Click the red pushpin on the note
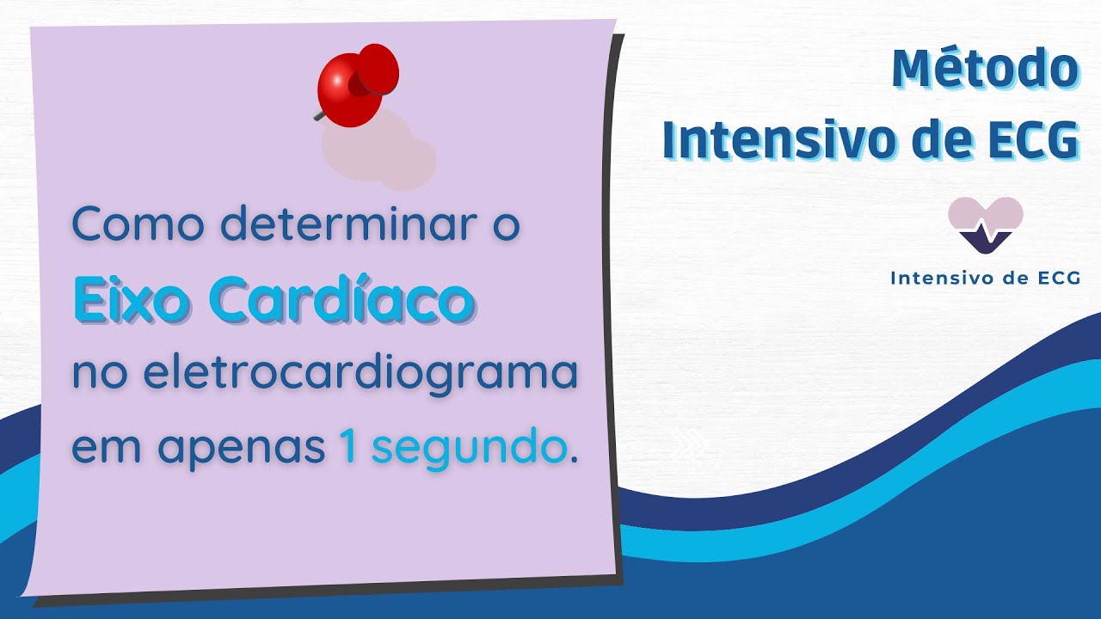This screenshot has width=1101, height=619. (356, 83)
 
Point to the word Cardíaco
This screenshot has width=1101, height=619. (341, 299)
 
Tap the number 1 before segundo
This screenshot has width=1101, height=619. (348, 449)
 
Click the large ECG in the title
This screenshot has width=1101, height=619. (1031, 140)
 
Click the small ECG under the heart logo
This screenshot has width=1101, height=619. (1058, 278)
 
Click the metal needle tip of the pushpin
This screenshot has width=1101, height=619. (317, 114)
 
